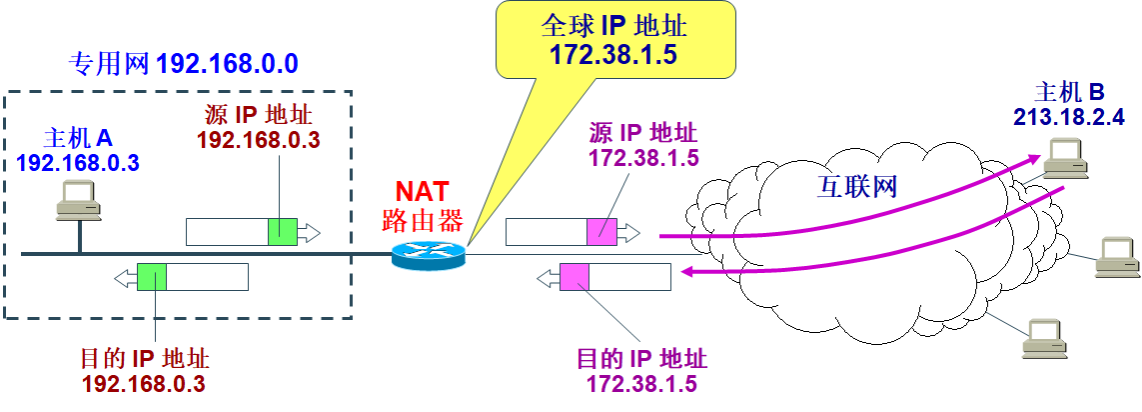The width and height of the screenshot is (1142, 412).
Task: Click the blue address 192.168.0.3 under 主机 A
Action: pos(77,161)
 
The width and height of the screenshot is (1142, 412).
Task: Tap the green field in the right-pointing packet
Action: pos(283,232)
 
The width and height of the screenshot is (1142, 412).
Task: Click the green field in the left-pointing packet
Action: pos(152,276)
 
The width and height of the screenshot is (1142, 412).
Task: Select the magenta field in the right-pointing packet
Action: pos(601,232)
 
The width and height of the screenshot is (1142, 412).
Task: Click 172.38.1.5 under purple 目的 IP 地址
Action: pos(642,384)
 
